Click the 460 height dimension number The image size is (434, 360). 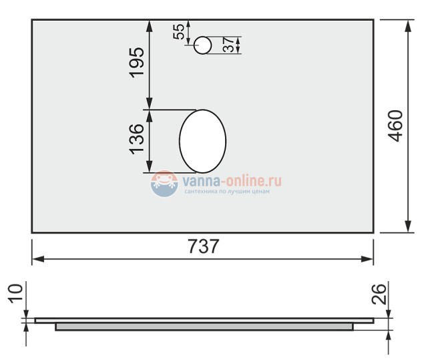(x=396, y=126)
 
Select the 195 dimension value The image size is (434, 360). (x=137, y=62)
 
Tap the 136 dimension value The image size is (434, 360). (x=137, y=139)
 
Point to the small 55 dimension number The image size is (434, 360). (x=179, y=31)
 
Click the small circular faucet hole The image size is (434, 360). (x=203, y=45)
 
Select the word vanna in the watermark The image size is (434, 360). (x=198, y=180)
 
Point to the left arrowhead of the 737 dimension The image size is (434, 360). (x=37, y=257)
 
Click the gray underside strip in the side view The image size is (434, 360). (x=204, y=327)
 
